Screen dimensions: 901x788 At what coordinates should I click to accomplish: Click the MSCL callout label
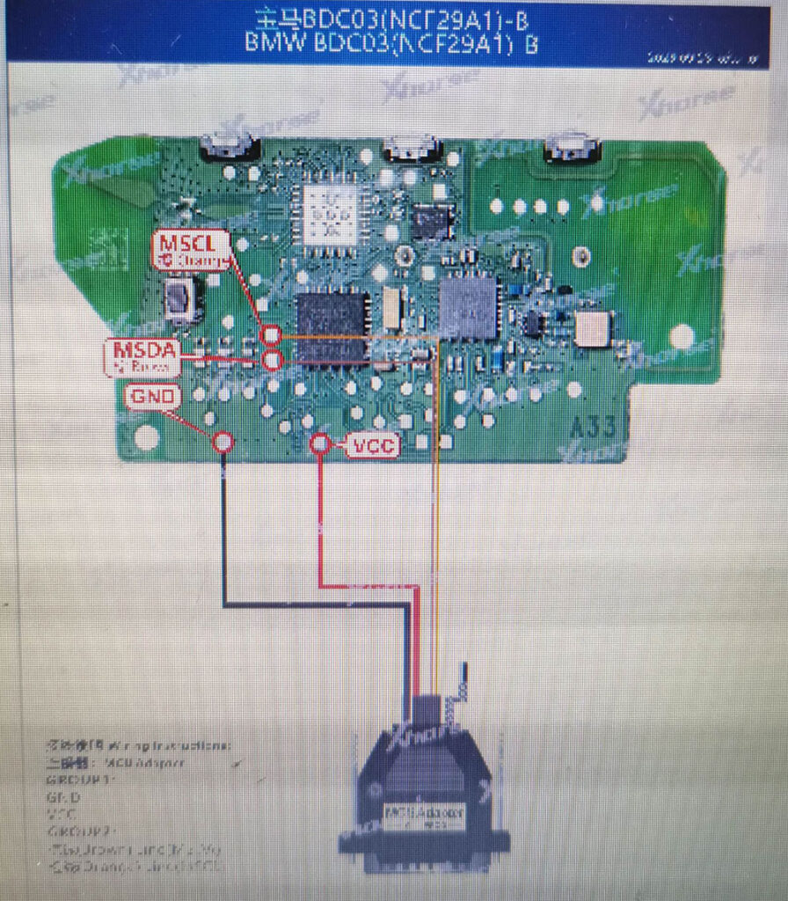[x=192, y=250]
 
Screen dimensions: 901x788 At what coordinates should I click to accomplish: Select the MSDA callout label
[x=142, y=356]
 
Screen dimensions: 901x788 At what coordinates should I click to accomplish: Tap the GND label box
[x=153, y=397]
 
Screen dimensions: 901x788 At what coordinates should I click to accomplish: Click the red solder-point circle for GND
[x=223, y=442]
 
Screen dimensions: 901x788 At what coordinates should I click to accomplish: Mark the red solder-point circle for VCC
[x=320, y=444]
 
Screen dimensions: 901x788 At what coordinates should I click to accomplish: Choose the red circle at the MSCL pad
[x=272, y=334]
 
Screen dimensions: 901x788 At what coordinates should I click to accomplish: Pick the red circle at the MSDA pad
[x=272, y=360]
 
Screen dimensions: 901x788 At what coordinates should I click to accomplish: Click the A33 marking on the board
[x=594, y=429]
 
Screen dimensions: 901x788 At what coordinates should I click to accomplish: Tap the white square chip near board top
[x=332, y=214]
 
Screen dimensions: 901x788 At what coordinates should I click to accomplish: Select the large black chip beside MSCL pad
[x=332, y=326]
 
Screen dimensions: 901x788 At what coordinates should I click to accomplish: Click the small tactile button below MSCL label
[x=180, y=299]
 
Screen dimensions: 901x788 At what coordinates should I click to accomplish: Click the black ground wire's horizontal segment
[x=317, y=604]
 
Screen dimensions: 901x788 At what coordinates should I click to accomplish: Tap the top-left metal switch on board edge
[x=227, y=147]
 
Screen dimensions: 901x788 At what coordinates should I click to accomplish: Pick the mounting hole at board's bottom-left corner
[x=147, y=437]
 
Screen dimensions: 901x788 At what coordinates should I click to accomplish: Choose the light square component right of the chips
[x=593, y=328]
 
